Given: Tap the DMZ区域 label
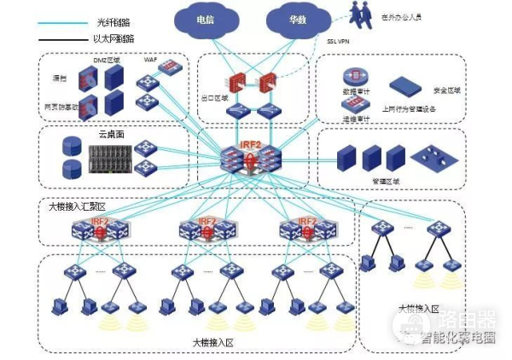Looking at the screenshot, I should point(108,58).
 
